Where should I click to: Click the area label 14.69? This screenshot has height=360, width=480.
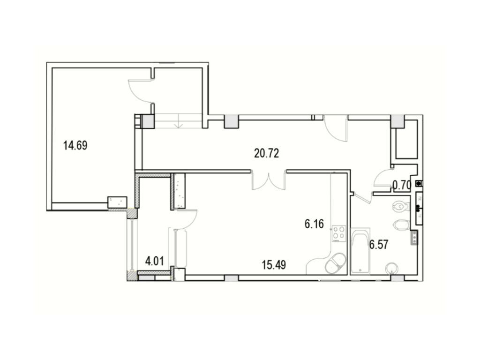click(x=75, y=145)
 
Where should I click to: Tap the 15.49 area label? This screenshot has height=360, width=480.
click(x=274, y=265)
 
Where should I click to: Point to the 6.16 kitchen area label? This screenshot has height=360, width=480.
click(x=314, y=224)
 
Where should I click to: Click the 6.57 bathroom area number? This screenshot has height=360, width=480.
click(x=379, y=245)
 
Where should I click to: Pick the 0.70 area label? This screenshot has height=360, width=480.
click(x=402, y=185)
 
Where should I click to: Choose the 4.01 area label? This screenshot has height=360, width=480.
click(x=154, y=261)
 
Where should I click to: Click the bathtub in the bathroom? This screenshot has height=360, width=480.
click(x=360, y=251)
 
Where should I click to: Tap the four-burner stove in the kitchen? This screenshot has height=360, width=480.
click(x=339, y=234)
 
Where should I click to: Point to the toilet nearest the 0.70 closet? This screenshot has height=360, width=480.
click(x=400, y=206)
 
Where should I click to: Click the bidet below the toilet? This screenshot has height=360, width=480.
click(x=401, y=225)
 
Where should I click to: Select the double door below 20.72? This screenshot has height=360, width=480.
click(x=269, y=180)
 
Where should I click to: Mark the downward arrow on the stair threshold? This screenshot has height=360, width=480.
click(x=179, y=125)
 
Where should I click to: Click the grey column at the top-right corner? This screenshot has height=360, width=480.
click(x=397, y=121)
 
